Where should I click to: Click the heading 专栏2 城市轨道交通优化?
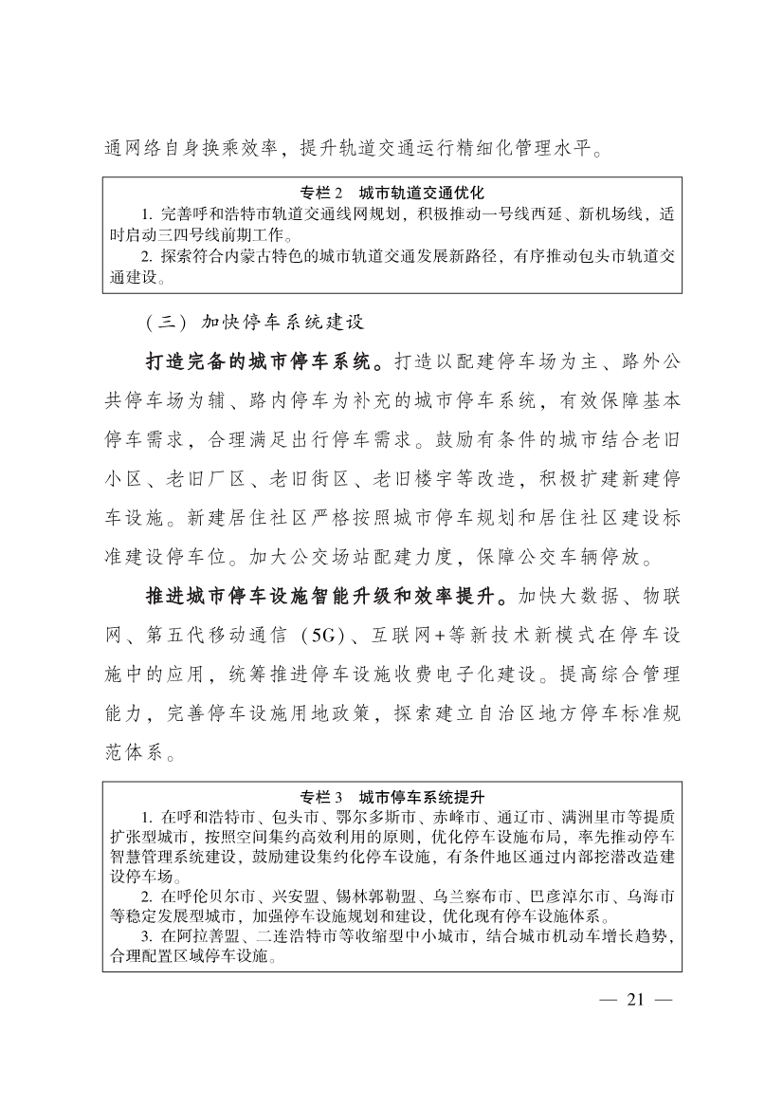(391, 193)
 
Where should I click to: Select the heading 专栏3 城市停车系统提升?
(391, 796)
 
